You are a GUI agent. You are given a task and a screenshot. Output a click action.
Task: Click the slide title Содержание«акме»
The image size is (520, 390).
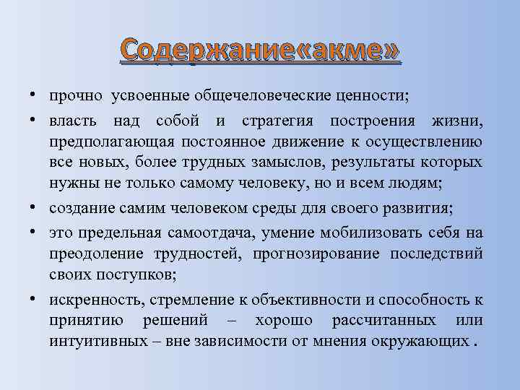259,51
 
